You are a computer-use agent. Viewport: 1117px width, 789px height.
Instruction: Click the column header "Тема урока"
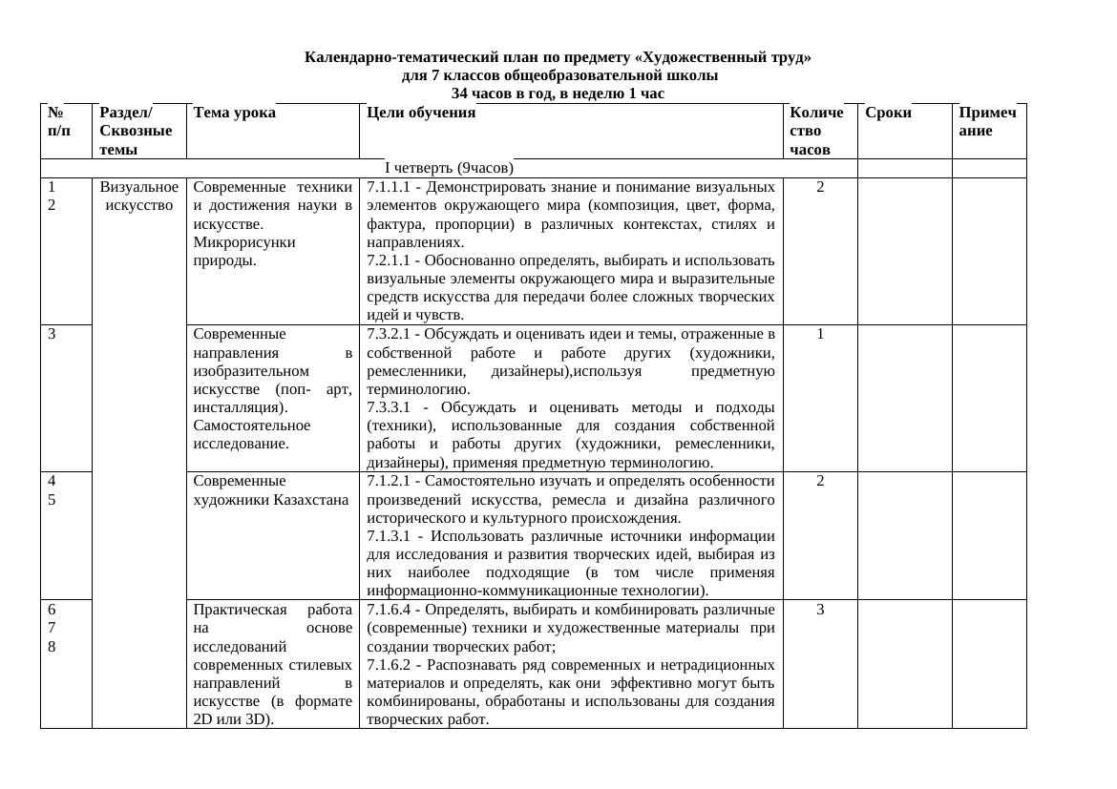coord(234,113)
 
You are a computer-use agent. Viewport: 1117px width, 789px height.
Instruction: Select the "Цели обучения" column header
coord(420,113)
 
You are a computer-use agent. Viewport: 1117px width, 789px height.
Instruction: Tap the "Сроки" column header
coord(888,113)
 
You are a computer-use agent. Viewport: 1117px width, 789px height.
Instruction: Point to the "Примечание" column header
coord(987,121)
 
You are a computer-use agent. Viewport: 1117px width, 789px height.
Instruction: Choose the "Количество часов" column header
coord(817,131)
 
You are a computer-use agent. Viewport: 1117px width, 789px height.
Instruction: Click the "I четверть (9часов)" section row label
coord(449,168)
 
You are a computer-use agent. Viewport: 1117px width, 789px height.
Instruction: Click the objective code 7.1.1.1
coord(389,187)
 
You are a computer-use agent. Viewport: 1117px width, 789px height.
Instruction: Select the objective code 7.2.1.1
coord(389,260)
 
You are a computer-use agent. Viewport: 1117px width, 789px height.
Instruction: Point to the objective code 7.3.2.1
coord(389,334)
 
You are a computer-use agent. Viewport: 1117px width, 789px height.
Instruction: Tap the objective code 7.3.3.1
coord(390,407)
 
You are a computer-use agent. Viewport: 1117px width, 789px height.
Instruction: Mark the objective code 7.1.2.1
coord(389,481)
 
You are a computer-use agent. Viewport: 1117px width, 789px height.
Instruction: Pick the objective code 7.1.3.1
coord(390,536)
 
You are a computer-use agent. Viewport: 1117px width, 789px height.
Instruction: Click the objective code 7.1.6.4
coord(389,609)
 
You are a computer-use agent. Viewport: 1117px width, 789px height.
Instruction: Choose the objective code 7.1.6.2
coord(389,664)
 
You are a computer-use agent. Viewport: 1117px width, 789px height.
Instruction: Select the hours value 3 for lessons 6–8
coord(820,609)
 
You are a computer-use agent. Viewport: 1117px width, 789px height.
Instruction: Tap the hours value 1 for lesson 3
coord(820,334)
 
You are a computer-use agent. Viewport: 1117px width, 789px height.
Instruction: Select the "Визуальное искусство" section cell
coord(138,196)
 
